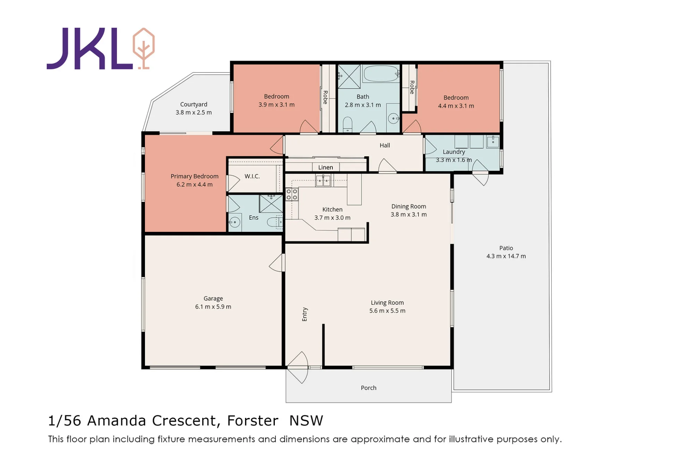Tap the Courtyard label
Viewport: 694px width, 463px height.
tap(194, 104)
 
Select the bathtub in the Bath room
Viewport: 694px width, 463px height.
tap(381, 74)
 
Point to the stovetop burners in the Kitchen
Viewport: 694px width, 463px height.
tap(292, 194)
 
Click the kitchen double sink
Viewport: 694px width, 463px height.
tap(323, 180)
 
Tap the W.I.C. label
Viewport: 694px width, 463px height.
tap(252, 176)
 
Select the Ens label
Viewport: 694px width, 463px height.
tap(254, 218)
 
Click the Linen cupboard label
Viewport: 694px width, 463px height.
tap(325, 167)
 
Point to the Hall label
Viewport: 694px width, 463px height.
tap(385, 145)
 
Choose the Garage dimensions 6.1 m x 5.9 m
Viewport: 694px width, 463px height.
tap(213, 307)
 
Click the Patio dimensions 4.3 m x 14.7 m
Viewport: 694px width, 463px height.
tap(506, 256)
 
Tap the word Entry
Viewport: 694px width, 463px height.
tap(305, 314)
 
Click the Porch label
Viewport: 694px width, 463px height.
tap(369, 388)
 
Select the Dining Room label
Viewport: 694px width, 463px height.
tap(409, 206)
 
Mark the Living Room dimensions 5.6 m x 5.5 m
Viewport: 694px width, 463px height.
tap(387, 311)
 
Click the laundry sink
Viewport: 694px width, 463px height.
tap(493, 141)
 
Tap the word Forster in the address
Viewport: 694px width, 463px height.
tap(253, 421)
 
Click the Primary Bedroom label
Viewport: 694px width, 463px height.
tap(194, 176)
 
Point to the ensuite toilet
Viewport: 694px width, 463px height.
tap(275, 222)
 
